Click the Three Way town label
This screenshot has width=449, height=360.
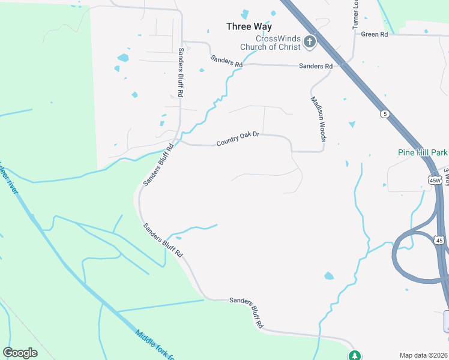(249, 26)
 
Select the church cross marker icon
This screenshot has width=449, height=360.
(310, 41)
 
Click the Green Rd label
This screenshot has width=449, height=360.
(375, 34)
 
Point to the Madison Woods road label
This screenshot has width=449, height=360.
(318, 119)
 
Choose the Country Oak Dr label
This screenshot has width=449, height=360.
(237, 139)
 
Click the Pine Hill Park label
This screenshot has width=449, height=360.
(423, 152)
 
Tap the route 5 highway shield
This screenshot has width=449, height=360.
(384, 113)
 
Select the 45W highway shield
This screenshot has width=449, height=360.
(435, 179)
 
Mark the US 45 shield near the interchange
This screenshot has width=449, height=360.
(439, 240)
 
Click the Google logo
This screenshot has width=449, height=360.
(20, 352)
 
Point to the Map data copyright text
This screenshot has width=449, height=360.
(424, 355)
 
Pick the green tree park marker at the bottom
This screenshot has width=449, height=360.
(355, 355)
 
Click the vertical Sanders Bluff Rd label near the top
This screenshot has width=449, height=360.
(180, 72)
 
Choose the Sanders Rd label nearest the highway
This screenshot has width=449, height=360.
(316, 66)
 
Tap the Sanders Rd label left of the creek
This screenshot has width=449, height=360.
(226, 61)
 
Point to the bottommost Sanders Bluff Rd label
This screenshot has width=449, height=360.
(246, 313)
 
